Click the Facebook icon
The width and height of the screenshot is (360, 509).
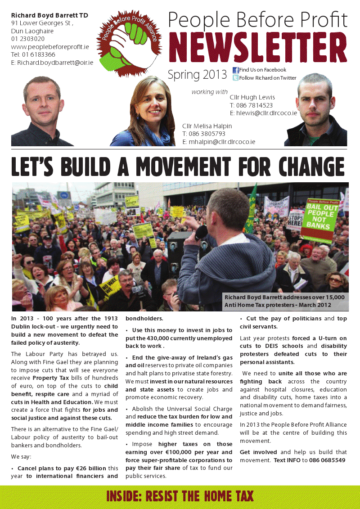235,70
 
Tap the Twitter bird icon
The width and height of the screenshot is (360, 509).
235,78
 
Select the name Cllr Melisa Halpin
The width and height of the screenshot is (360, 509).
207,126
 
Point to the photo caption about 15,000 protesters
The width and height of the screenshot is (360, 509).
284,301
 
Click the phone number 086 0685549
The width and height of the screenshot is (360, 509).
327,460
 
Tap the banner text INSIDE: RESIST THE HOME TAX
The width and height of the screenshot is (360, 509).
180,496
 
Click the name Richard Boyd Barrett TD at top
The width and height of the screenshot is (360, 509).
49,15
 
